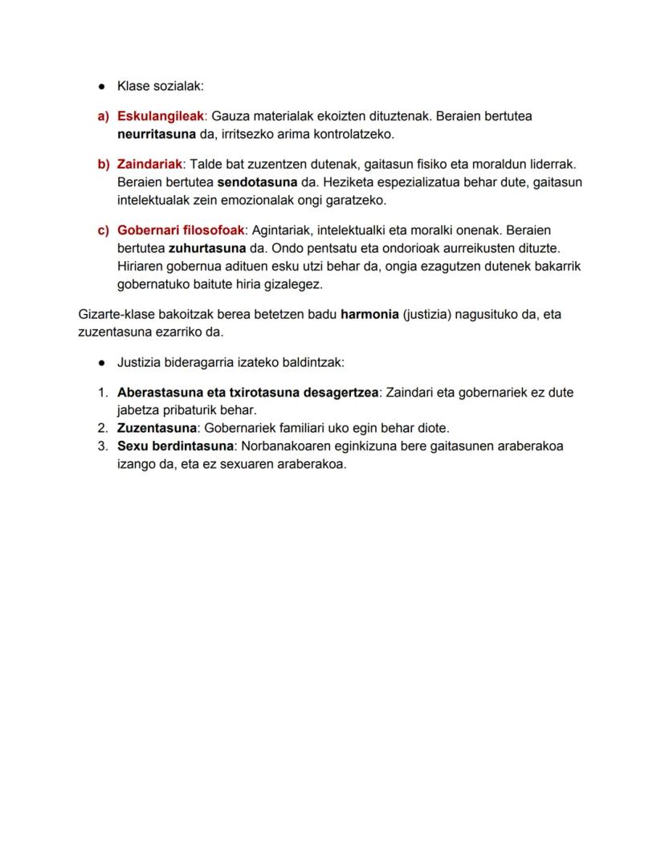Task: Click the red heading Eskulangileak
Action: click(x=161, y=116)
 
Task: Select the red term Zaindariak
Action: click(x=150, y=164)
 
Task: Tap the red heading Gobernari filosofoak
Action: click(x=180, y=230)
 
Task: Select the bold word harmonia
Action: click(x=369, y=314)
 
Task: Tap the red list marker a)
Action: click(x=103, y=116)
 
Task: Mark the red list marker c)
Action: click(x=103, y=230)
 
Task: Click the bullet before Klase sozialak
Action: click(x=103, y=86)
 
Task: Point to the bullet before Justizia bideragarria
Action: click(x=103, y=362)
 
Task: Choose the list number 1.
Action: click(x=103, y=393)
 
